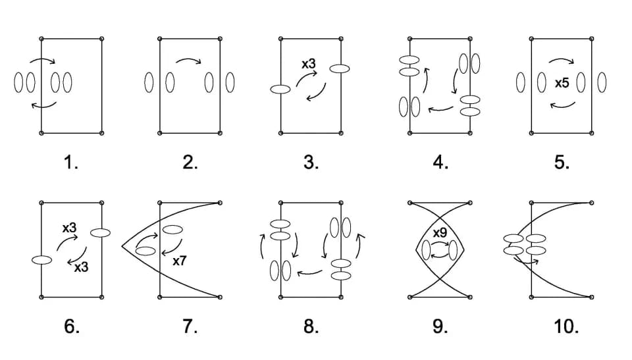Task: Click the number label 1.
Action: (x=71, y=163)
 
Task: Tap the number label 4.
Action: (x=440, y=163)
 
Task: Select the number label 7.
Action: (x=190, y=326)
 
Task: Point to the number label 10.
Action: (x=566, y=326)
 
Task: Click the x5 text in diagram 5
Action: (x=562, y=84)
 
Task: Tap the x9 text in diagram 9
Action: (x=440, y=233)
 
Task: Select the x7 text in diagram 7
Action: (x=180, y=261)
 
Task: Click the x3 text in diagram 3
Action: (x=309, y=64)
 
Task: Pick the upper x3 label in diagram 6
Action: (x=69, y=228)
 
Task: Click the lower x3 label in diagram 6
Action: (x=81, y=267)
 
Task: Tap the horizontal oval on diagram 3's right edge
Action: (x=340, y=69)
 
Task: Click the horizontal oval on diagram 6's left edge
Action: (x=41, y=260)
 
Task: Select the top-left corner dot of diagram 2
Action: (x=160, y=39)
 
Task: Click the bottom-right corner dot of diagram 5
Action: (x=591, y=133)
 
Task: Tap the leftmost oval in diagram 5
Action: (x=521, y=82)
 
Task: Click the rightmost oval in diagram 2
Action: (x=230, y=82)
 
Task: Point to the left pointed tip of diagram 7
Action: (x=122, y=247)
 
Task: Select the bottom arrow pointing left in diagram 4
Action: (x=440, y=108)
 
